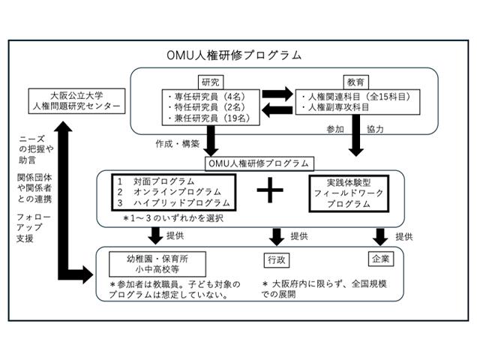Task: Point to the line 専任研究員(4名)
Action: pos(211,97)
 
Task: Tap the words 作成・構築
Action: pos(178,143)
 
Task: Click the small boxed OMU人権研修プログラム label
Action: pos(258,162)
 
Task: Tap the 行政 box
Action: pos(276,260)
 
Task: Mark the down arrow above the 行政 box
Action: pos(276,237)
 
